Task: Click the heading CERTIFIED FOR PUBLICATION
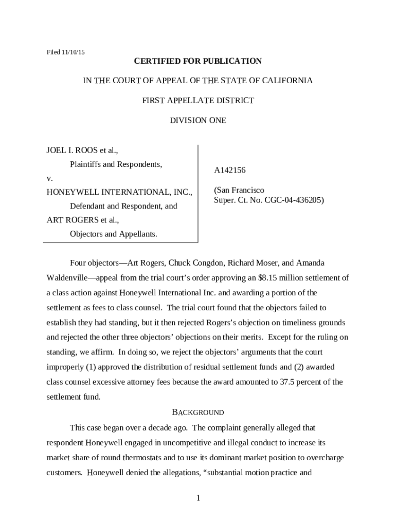click(x=198, y=61)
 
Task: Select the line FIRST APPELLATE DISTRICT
click(x=198, y=100)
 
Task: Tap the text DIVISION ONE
click(x=198, y=120)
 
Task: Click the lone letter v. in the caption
click(x=49, y=178)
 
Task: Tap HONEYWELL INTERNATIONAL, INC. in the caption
click(x=119, y=192)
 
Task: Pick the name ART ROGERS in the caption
click(x=73, y=220)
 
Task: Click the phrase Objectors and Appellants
click(x=114, y=234)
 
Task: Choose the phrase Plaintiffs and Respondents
click(x=116, y=164)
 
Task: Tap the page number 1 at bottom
click(x=198, y=498)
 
